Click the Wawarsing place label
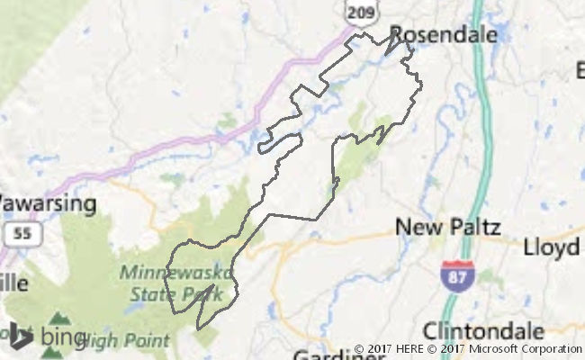coord(47,203)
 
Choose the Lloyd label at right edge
coord(553,246)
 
